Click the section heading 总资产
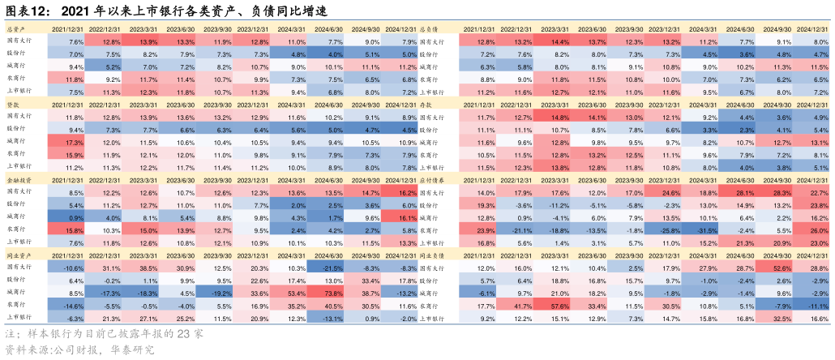pyautogui.click(x=16, y=28)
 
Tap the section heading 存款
pyautogui.click(x=432, y=104)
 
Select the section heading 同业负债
pyautogui.click(x=438, y=255)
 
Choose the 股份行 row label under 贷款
pyautogui.click(x=16, y=129)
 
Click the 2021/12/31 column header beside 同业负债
pyautogui.click(x=478, y=255)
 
